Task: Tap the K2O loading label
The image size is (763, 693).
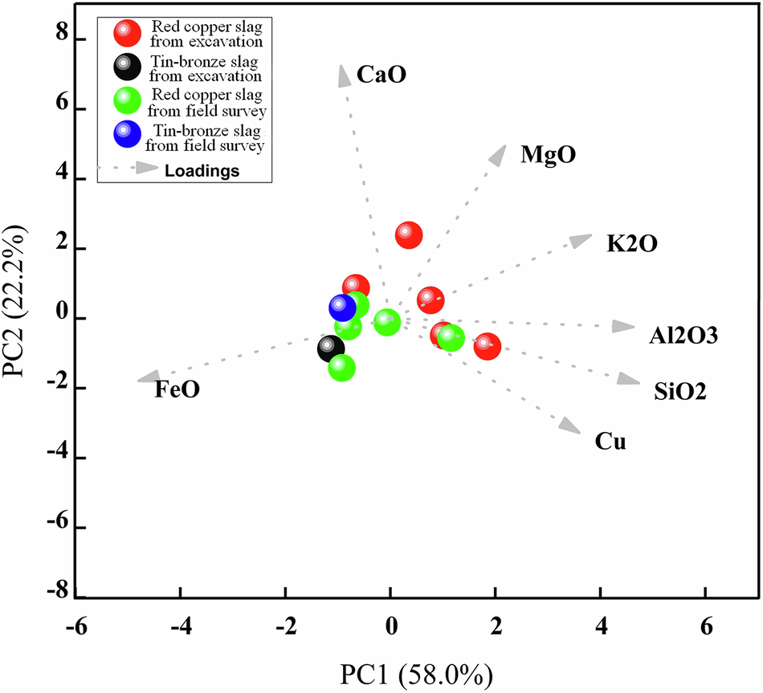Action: (632, 243)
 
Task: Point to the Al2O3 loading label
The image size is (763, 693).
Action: (683, 336)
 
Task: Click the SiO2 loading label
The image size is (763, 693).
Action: (681, 392)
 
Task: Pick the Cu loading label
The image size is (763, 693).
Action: (610, 441)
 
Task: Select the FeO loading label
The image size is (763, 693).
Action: (177, 389)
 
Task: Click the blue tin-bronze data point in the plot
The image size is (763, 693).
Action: (343, 308)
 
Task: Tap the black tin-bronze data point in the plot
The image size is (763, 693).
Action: (330, 349)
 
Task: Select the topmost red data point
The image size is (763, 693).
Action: (408, 234)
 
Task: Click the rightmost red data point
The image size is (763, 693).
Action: (486, 346)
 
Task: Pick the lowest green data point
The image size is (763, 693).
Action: (341, 369)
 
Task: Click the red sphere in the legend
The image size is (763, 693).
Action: (126, 33)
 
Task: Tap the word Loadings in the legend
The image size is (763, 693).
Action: (202, 170)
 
